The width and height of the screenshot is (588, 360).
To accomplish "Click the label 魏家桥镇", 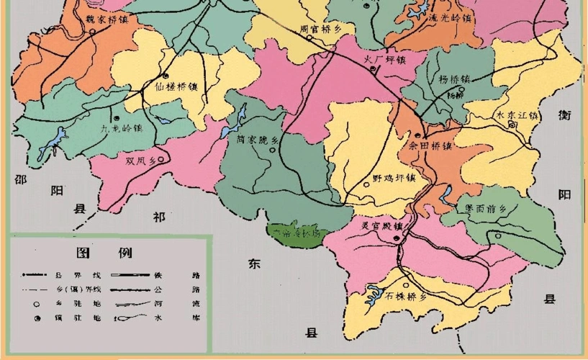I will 107,19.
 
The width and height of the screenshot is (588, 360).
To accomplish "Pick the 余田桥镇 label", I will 430,145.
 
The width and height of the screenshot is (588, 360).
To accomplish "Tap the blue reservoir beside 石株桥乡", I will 374,292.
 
